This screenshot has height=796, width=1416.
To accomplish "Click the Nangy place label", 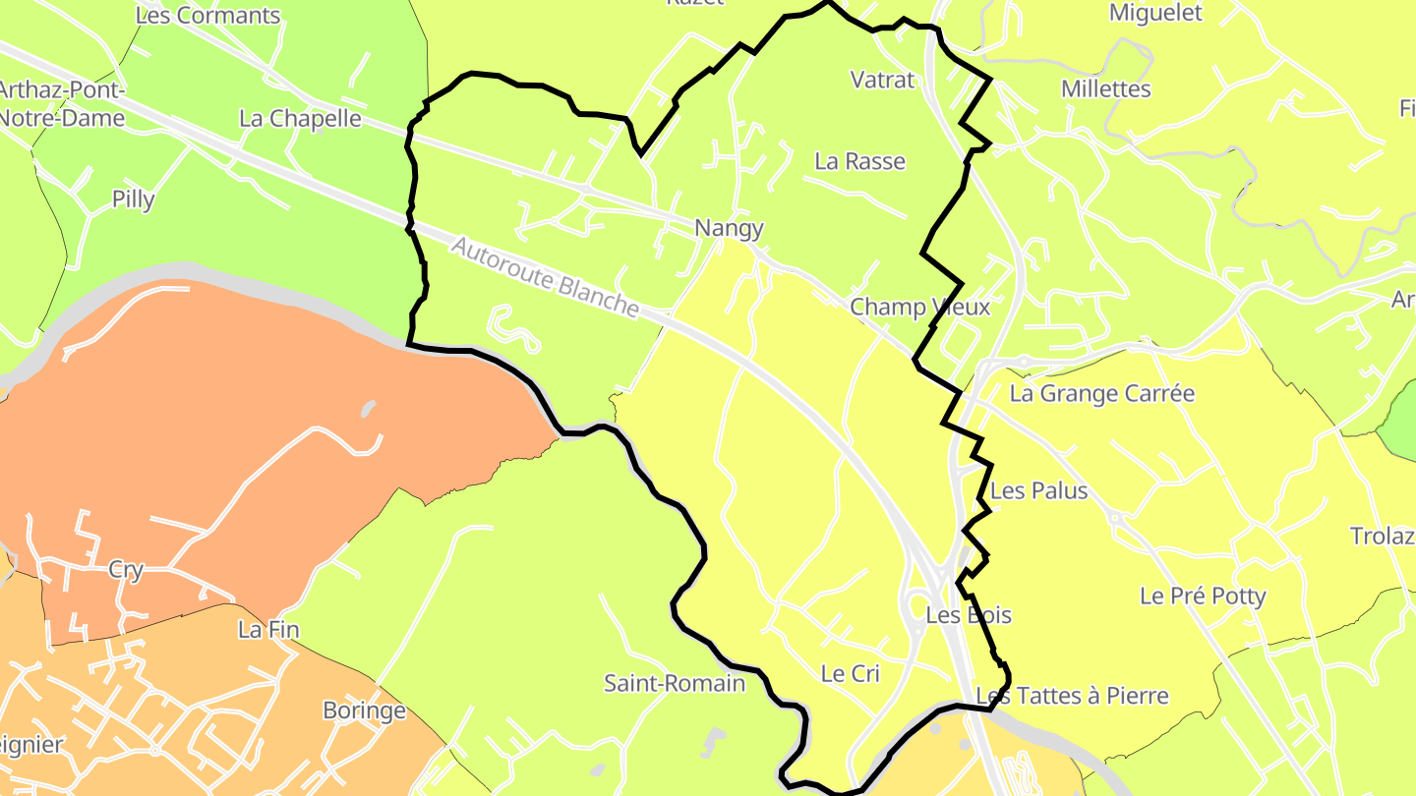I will [729, 228].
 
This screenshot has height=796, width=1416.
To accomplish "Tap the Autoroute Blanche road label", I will [546, 276].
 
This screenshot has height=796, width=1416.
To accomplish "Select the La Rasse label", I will [860, 161].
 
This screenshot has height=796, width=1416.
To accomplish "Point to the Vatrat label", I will [882, 81].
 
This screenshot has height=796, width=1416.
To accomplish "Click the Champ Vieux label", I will [919, 307].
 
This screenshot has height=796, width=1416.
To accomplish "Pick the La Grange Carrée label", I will [1102, 394].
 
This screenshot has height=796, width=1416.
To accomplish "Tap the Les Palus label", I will [1039, 490].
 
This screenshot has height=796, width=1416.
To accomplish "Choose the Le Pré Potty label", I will [1203, 596].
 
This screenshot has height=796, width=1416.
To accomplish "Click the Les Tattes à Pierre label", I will [1073, 696].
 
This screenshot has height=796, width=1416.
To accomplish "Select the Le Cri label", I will [850, 674].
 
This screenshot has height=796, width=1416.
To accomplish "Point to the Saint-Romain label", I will [675, 682].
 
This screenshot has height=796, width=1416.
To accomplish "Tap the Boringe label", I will [364, 710].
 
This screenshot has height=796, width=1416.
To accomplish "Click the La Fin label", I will [268, 630].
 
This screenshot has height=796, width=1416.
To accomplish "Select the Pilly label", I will [133, 199].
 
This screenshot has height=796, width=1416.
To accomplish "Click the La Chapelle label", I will [300, 119].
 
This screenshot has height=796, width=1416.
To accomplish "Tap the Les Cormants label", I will [207, 16].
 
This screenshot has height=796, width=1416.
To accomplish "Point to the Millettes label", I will [1105, 89].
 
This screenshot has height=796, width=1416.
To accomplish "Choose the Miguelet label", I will [1155, 13].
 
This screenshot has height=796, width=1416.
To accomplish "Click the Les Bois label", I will [969, 615].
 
